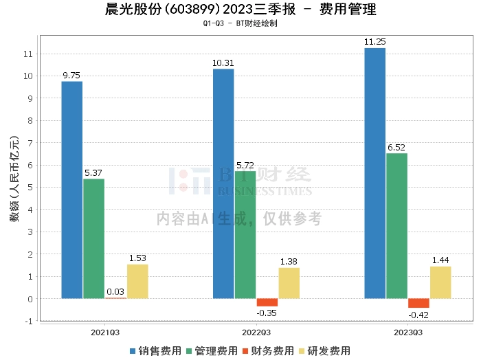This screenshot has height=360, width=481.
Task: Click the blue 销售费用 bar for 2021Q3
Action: (x=72, y=190)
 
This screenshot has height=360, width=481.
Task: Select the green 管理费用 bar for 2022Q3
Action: (x=245, y=234)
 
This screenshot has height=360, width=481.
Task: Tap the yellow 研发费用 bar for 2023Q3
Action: (x=440, y=282)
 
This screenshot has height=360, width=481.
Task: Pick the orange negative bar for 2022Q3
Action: (x=267, y=302)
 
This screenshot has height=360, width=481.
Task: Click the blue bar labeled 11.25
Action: (x=374, y=173)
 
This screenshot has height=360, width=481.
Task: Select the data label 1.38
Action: (x=289, y=262)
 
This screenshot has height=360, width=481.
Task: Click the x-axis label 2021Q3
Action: (x=105, y=331)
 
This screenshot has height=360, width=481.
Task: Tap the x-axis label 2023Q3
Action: (x=408, y=331)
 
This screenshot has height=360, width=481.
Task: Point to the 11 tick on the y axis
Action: (x=27, y=54)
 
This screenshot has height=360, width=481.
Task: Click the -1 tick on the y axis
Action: (x=27, y=321)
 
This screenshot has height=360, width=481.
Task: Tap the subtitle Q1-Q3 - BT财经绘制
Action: (x=240, y=24)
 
